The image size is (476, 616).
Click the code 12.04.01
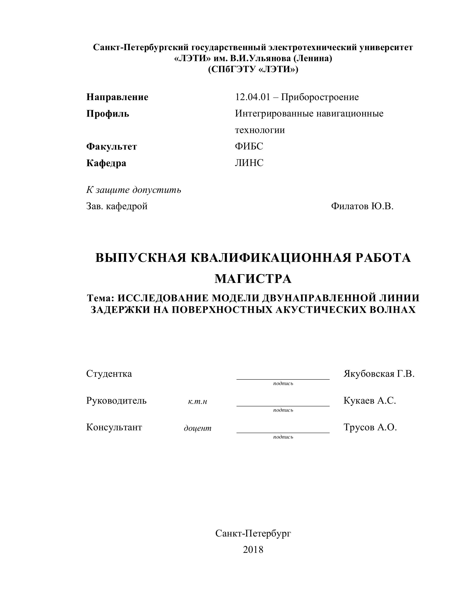tap(252, 97)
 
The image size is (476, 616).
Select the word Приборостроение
tap(320, 97)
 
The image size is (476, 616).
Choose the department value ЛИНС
tap(249, 163)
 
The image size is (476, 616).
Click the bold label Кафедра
tap(106, 163)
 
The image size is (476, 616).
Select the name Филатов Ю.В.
tap(362, 206)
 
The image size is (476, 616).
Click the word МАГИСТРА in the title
tap(253, 279)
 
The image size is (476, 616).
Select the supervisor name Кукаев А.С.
tap(369, 401)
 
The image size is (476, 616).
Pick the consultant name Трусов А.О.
tap(370, 427)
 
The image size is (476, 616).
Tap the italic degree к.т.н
tap(197, 401)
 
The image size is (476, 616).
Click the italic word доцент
tap(197, 428)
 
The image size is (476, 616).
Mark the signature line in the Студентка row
tap(283, 379)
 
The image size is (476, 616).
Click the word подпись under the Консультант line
tap(283, 437)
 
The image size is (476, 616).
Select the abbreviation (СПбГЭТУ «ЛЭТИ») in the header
tap(253, 69)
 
